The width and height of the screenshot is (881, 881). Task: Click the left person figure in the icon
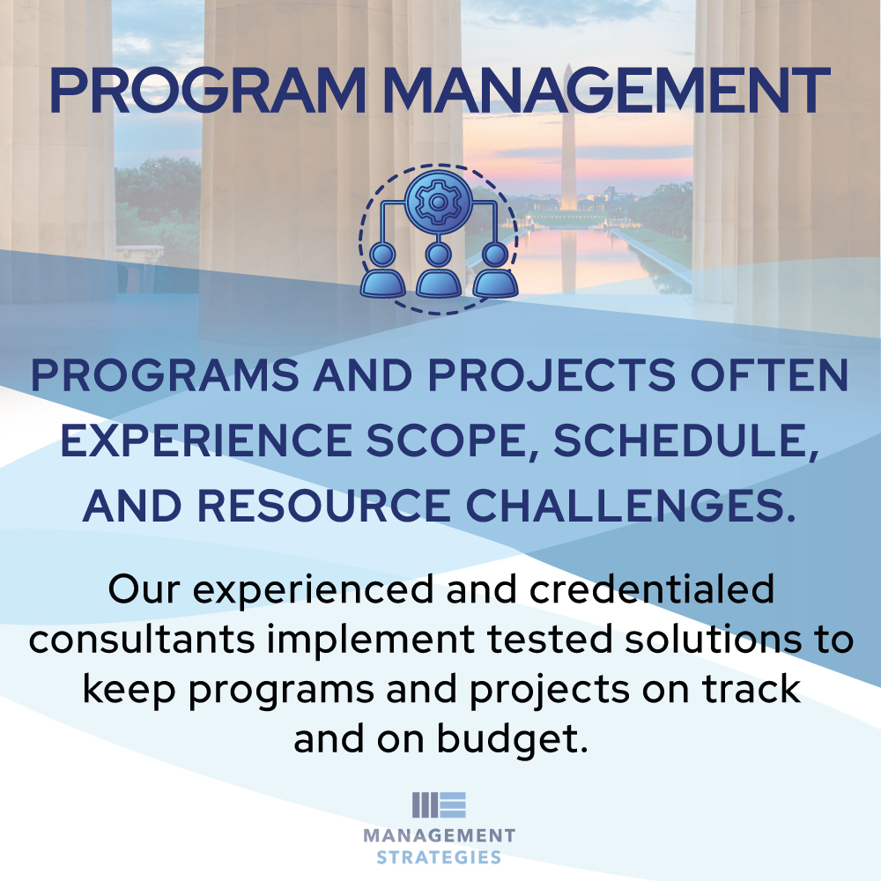382,271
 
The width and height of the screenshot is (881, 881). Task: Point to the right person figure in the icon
493,271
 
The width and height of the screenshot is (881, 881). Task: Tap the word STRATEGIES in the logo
439,857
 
